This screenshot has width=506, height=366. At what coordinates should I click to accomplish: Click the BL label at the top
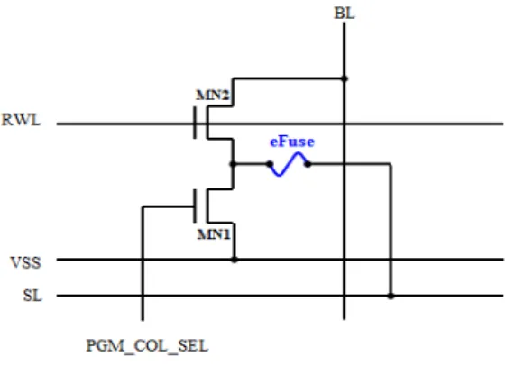(345, 14)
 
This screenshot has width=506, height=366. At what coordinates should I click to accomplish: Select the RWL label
(22, 120)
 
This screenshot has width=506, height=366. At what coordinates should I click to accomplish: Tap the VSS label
(26, 262)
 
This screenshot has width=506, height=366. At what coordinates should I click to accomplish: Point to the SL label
(32, 296)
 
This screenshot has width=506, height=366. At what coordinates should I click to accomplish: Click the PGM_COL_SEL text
(147, 346)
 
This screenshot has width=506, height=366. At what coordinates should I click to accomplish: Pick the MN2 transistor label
(213, 96)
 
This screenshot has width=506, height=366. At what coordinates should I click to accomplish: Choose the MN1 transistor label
(214, 234)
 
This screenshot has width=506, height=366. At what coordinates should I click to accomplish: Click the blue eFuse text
(292, 142)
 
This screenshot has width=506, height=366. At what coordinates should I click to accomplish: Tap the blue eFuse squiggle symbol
(289, 164)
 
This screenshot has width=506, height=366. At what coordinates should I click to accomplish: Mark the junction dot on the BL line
(345, 78)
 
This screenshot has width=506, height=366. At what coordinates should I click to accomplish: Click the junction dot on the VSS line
(235, 260)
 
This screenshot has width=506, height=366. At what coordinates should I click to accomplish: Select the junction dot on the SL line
(391, 296)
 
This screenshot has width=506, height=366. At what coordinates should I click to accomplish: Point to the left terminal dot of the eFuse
(270, 164)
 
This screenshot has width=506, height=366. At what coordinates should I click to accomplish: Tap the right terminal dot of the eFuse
(308, 164)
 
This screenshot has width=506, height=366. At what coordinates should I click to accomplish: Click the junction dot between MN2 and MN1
(233, 164)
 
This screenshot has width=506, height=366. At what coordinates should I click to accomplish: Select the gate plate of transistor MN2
(195, 123)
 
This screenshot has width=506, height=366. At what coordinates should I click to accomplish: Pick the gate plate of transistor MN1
(195, 206)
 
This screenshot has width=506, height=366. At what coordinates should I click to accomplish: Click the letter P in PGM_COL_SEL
(91, 345)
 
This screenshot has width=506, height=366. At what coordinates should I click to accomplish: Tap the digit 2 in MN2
(225, 96)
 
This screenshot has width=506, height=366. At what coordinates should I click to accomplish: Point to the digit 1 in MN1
(226, 234)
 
